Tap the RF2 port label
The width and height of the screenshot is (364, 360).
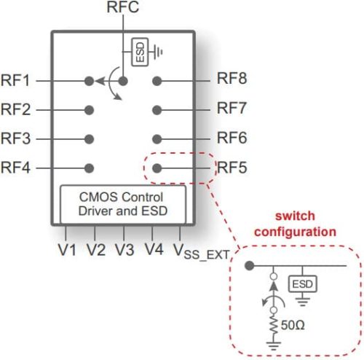coord(16,110)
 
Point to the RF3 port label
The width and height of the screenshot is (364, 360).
coord(16,138)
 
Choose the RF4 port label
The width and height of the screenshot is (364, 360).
coord(16,168)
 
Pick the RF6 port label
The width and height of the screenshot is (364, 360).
coord(232,138)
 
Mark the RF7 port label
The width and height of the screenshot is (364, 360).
coord(232,109)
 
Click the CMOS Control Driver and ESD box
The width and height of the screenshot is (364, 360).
coord(122,204)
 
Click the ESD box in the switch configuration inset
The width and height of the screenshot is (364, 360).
coord(299,283)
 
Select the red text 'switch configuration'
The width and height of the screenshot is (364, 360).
coord(305,224)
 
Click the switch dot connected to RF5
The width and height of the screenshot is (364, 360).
coord(157,168)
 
